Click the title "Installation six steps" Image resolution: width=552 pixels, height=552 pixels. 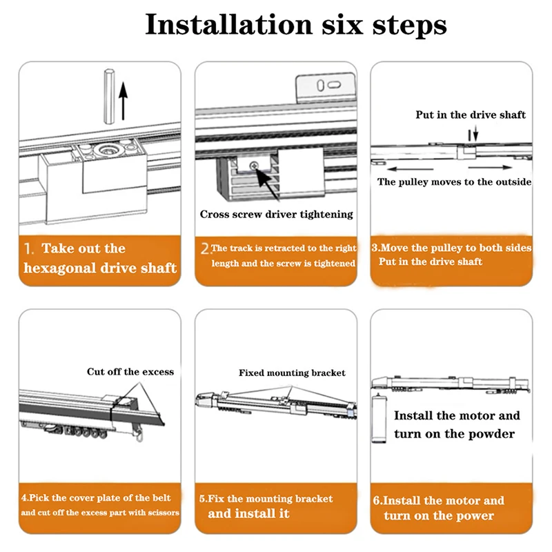[296, 25]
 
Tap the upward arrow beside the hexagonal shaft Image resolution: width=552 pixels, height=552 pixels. [123, 101]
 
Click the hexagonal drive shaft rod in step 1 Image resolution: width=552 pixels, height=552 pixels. [109, 96]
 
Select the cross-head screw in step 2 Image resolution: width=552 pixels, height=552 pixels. [253, 165]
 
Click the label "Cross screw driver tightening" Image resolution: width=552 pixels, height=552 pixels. [277, 215]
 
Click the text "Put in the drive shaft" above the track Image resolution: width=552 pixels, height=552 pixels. [471, 115]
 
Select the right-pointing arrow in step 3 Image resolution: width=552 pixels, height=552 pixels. [490, 168]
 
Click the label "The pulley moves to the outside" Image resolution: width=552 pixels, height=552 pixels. [454, 182]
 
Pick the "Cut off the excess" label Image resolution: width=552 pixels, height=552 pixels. [130, 372]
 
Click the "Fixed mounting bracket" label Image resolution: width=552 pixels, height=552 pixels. [292, 373]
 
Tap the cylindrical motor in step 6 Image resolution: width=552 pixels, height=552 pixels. [379, 418]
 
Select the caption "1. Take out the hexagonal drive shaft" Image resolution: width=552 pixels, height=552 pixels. [100, 258]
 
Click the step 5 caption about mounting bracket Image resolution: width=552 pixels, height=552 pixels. [266, 506]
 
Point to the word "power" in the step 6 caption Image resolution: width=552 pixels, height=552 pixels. [474, 516]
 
